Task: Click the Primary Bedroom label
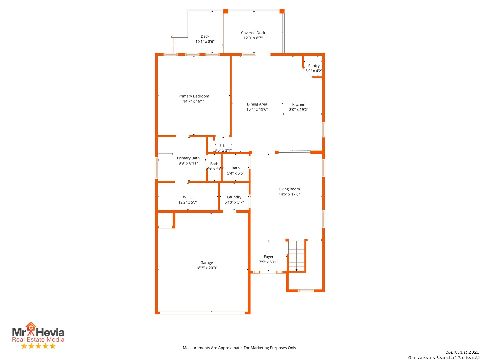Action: (194, 96)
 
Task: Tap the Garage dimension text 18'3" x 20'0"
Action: (206, 268)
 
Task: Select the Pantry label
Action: (314, 66)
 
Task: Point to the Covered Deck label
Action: (253, 33)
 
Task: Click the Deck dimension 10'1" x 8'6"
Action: (205, 42)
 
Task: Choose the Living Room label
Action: (289, 189)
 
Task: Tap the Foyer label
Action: (269, 257)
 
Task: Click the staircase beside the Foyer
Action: (296, 256)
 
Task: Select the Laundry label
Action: (234, 197)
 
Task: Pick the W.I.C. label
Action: (188, 197)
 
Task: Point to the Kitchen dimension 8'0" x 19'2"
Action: (298, 110)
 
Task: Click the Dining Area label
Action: (257, 104)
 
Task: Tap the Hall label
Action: (223, 145)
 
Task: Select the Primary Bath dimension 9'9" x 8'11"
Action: (188, 163)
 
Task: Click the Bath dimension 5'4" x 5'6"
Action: (236, 173)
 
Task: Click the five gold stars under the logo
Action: (38, 346)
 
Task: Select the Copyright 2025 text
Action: (462, 352)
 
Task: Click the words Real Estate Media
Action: (38, 339)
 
